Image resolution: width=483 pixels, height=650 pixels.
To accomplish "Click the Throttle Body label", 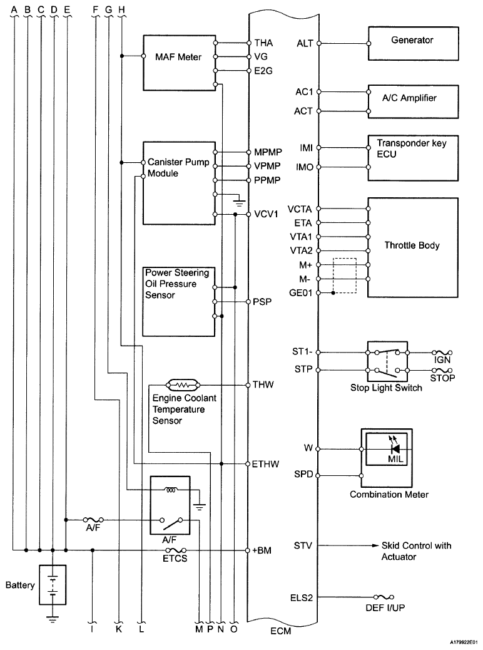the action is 412,245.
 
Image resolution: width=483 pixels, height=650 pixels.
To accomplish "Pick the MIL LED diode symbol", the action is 395,449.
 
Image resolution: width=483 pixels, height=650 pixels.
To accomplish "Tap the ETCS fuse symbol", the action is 176,550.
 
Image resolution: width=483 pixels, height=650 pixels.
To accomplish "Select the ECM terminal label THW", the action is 263,384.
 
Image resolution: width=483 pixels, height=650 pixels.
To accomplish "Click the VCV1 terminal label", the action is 266,214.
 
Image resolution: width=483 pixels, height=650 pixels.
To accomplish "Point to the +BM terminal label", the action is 262,550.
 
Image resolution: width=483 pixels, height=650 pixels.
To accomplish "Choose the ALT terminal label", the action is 305,43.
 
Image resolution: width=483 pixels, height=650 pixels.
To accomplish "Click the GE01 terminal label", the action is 301,292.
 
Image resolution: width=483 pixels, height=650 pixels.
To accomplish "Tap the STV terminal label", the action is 303,545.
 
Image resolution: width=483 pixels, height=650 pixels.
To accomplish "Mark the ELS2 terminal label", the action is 302,598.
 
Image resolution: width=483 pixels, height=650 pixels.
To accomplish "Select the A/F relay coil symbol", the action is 171,490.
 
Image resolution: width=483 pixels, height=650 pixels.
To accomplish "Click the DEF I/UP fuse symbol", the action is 384,597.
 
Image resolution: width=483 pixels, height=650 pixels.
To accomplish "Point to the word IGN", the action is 442,360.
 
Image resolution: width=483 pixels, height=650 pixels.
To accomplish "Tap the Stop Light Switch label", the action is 386,388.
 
